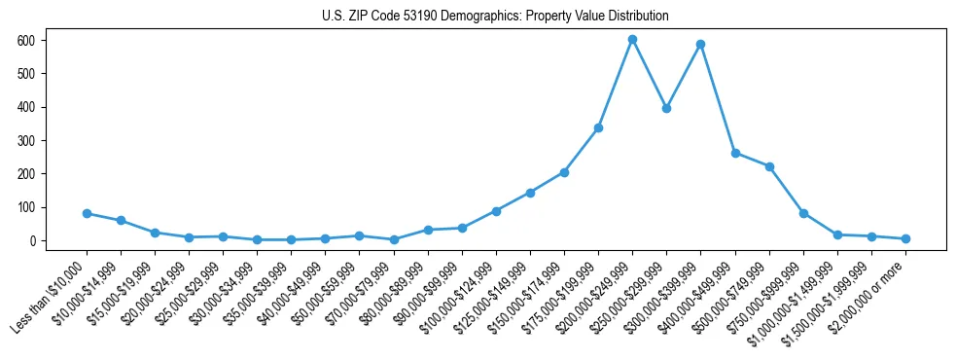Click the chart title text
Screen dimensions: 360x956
pos(495,17)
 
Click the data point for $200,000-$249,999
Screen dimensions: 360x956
pos(632,39)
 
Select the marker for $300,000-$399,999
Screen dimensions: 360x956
pos(700,44)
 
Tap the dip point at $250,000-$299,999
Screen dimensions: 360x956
pos(666,108)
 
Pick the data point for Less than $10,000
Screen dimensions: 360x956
pos(87,213)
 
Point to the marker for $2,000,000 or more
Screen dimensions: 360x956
pos(905,238)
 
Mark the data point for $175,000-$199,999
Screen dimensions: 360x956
pos(598,127)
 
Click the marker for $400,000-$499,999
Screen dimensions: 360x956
pos(735,153)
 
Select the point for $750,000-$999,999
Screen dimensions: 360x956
pos(803,213)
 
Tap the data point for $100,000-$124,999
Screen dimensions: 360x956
pos(496,210)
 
